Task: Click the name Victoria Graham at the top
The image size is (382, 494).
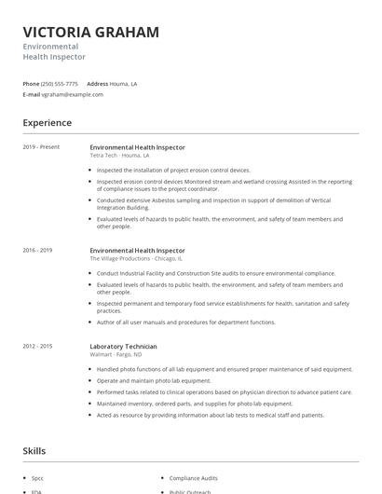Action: point(90,32)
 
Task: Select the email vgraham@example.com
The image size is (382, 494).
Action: point(73,94)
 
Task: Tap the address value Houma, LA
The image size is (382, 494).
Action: point(125,84)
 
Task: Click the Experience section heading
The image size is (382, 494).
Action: point(47,123)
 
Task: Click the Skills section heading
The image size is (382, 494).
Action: point(34,451)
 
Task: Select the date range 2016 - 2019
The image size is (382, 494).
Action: point(37,251)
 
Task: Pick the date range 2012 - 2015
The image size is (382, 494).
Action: point(37,346)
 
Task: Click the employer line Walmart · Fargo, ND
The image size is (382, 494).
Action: point(116,354)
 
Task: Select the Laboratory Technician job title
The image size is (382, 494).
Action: point(123,346)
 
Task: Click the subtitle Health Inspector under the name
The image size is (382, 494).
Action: point(54,57)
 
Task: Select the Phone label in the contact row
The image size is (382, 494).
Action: point(31,84)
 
